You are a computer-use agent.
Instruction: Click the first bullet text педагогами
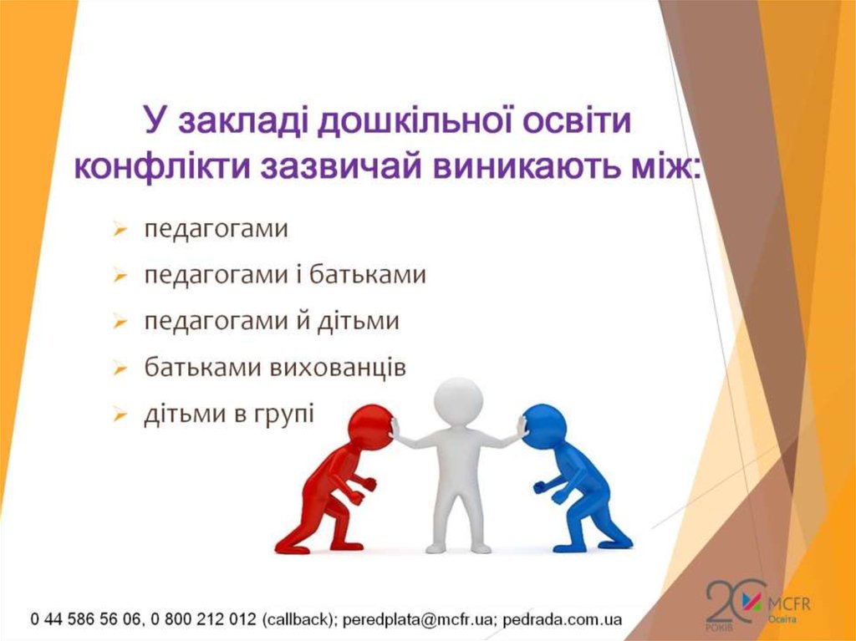pos(216,229)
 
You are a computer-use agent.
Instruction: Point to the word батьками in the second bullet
pos(374,275)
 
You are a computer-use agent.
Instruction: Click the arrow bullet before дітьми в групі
pos(120,415)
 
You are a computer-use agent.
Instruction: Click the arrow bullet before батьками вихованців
pos(120,369)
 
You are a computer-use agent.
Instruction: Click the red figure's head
pos(370,425)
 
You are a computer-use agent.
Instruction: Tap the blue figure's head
pos(543,425)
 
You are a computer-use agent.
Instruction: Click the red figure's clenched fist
pos(368,484)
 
